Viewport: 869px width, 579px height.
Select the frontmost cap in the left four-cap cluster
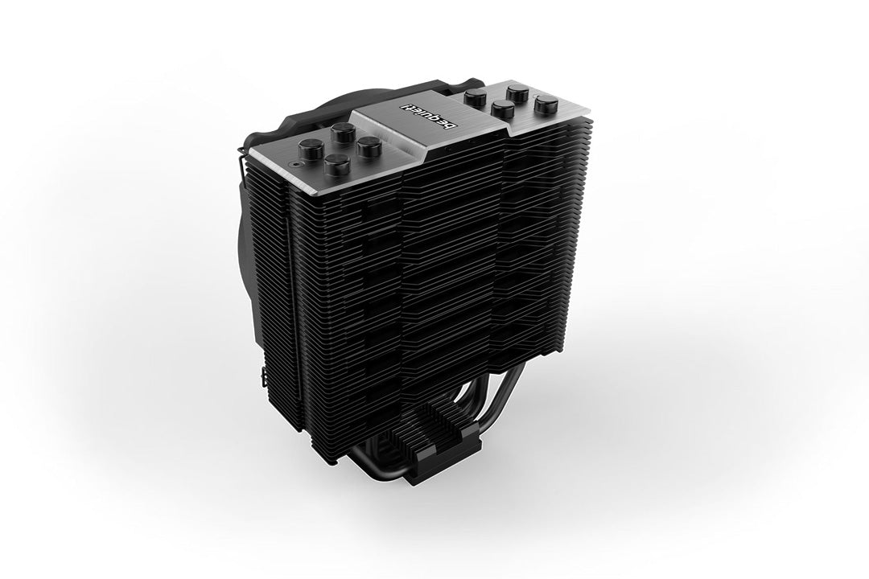click(336, 166)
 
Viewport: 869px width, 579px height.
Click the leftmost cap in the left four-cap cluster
click(311, 149)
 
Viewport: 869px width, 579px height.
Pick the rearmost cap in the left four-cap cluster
click(344, 133)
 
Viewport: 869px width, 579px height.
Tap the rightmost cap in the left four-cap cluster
click(369, 147)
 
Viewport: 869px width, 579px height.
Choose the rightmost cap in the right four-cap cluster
click(546, 104)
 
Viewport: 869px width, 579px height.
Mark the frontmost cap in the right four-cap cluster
click(504, 111)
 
